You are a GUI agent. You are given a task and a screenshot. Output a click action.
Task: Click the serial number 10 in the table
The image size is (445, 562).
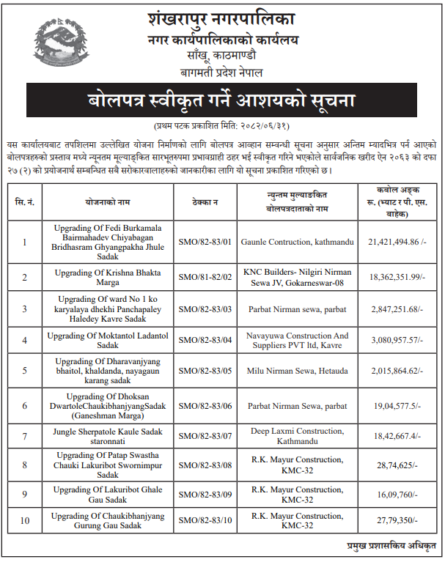[x=25, y=522]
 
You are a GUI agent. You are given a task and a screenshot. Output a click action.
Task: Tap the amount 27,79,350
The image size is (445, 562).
[x=397, y=522]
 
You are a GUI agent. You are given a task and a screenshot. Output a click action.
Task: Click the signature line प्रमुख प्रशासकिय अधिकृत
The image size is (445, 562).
[x=391, y=547]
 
